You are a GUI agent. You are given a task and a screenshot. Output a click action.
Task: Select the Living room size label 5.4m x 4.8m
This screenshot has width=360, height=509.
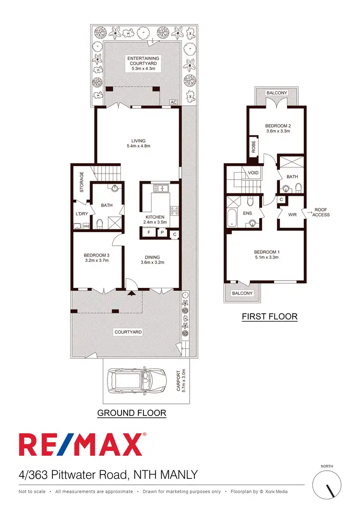138,146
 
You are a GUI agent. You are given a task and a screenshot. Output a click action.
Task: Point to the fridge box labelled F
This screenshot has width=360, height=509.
149,233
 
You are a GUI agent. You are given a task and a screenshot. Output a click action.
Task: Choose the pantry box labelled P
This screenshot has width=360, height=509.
162,233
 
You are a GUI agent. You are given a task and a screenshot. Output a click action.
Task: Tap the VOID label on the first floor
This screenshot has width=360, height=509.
253,173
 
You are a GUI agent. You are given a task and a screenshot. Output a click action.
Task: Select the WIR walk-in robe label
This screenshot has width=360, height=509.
292,214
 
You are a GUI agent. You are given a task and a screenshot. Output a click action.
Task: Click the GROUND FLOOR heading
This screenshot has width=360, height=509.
132,413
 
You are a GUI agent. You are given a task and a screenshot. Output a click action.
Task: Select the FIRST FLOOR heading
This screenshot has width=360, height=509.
269,317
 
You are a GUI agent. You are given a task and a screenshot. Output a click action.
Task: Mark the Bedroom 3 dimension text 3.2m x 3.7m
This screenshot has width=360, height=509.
96,261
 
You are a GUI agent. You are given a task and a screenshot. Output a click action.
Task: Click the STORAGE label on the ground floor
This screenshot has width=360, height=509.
82,182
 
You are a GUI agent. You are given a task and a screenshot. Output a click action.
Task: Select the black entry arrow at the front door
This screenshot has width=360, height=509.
131,293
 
